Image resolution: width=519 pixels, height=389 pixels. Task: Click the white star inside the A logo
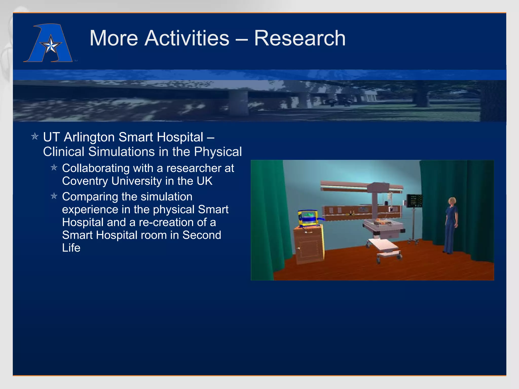coord(51,46)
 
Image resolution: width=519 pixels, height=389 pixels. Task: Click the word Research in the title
coord(300,38)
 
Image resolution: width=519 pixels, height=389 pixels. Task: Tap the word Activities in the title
coord(187,38)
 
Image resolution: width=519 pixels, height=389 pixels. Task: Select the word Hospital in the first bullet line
coord(180,137)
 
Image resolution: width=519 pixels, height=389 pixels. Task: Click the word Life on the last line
coord(71,248)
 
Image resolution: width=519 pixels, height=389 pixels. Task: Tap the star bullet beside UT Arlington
coord(35,137)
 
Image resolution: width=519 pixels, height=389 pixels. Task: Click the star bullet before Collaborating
coord(54,168)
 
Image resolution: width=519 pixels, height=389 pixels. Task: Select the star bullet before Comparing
coord(54,196)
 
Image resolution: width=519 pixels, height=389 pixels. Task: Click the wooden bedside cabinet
coord(309,244)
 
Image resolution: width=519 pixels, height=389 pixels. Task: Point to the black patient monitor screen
coord(414,201)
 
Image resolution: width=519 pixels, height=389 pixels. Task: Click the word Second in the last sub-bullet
coord(202,235)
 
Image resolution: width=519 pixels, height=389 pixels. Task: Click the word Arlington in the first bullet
coord(89,137)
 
